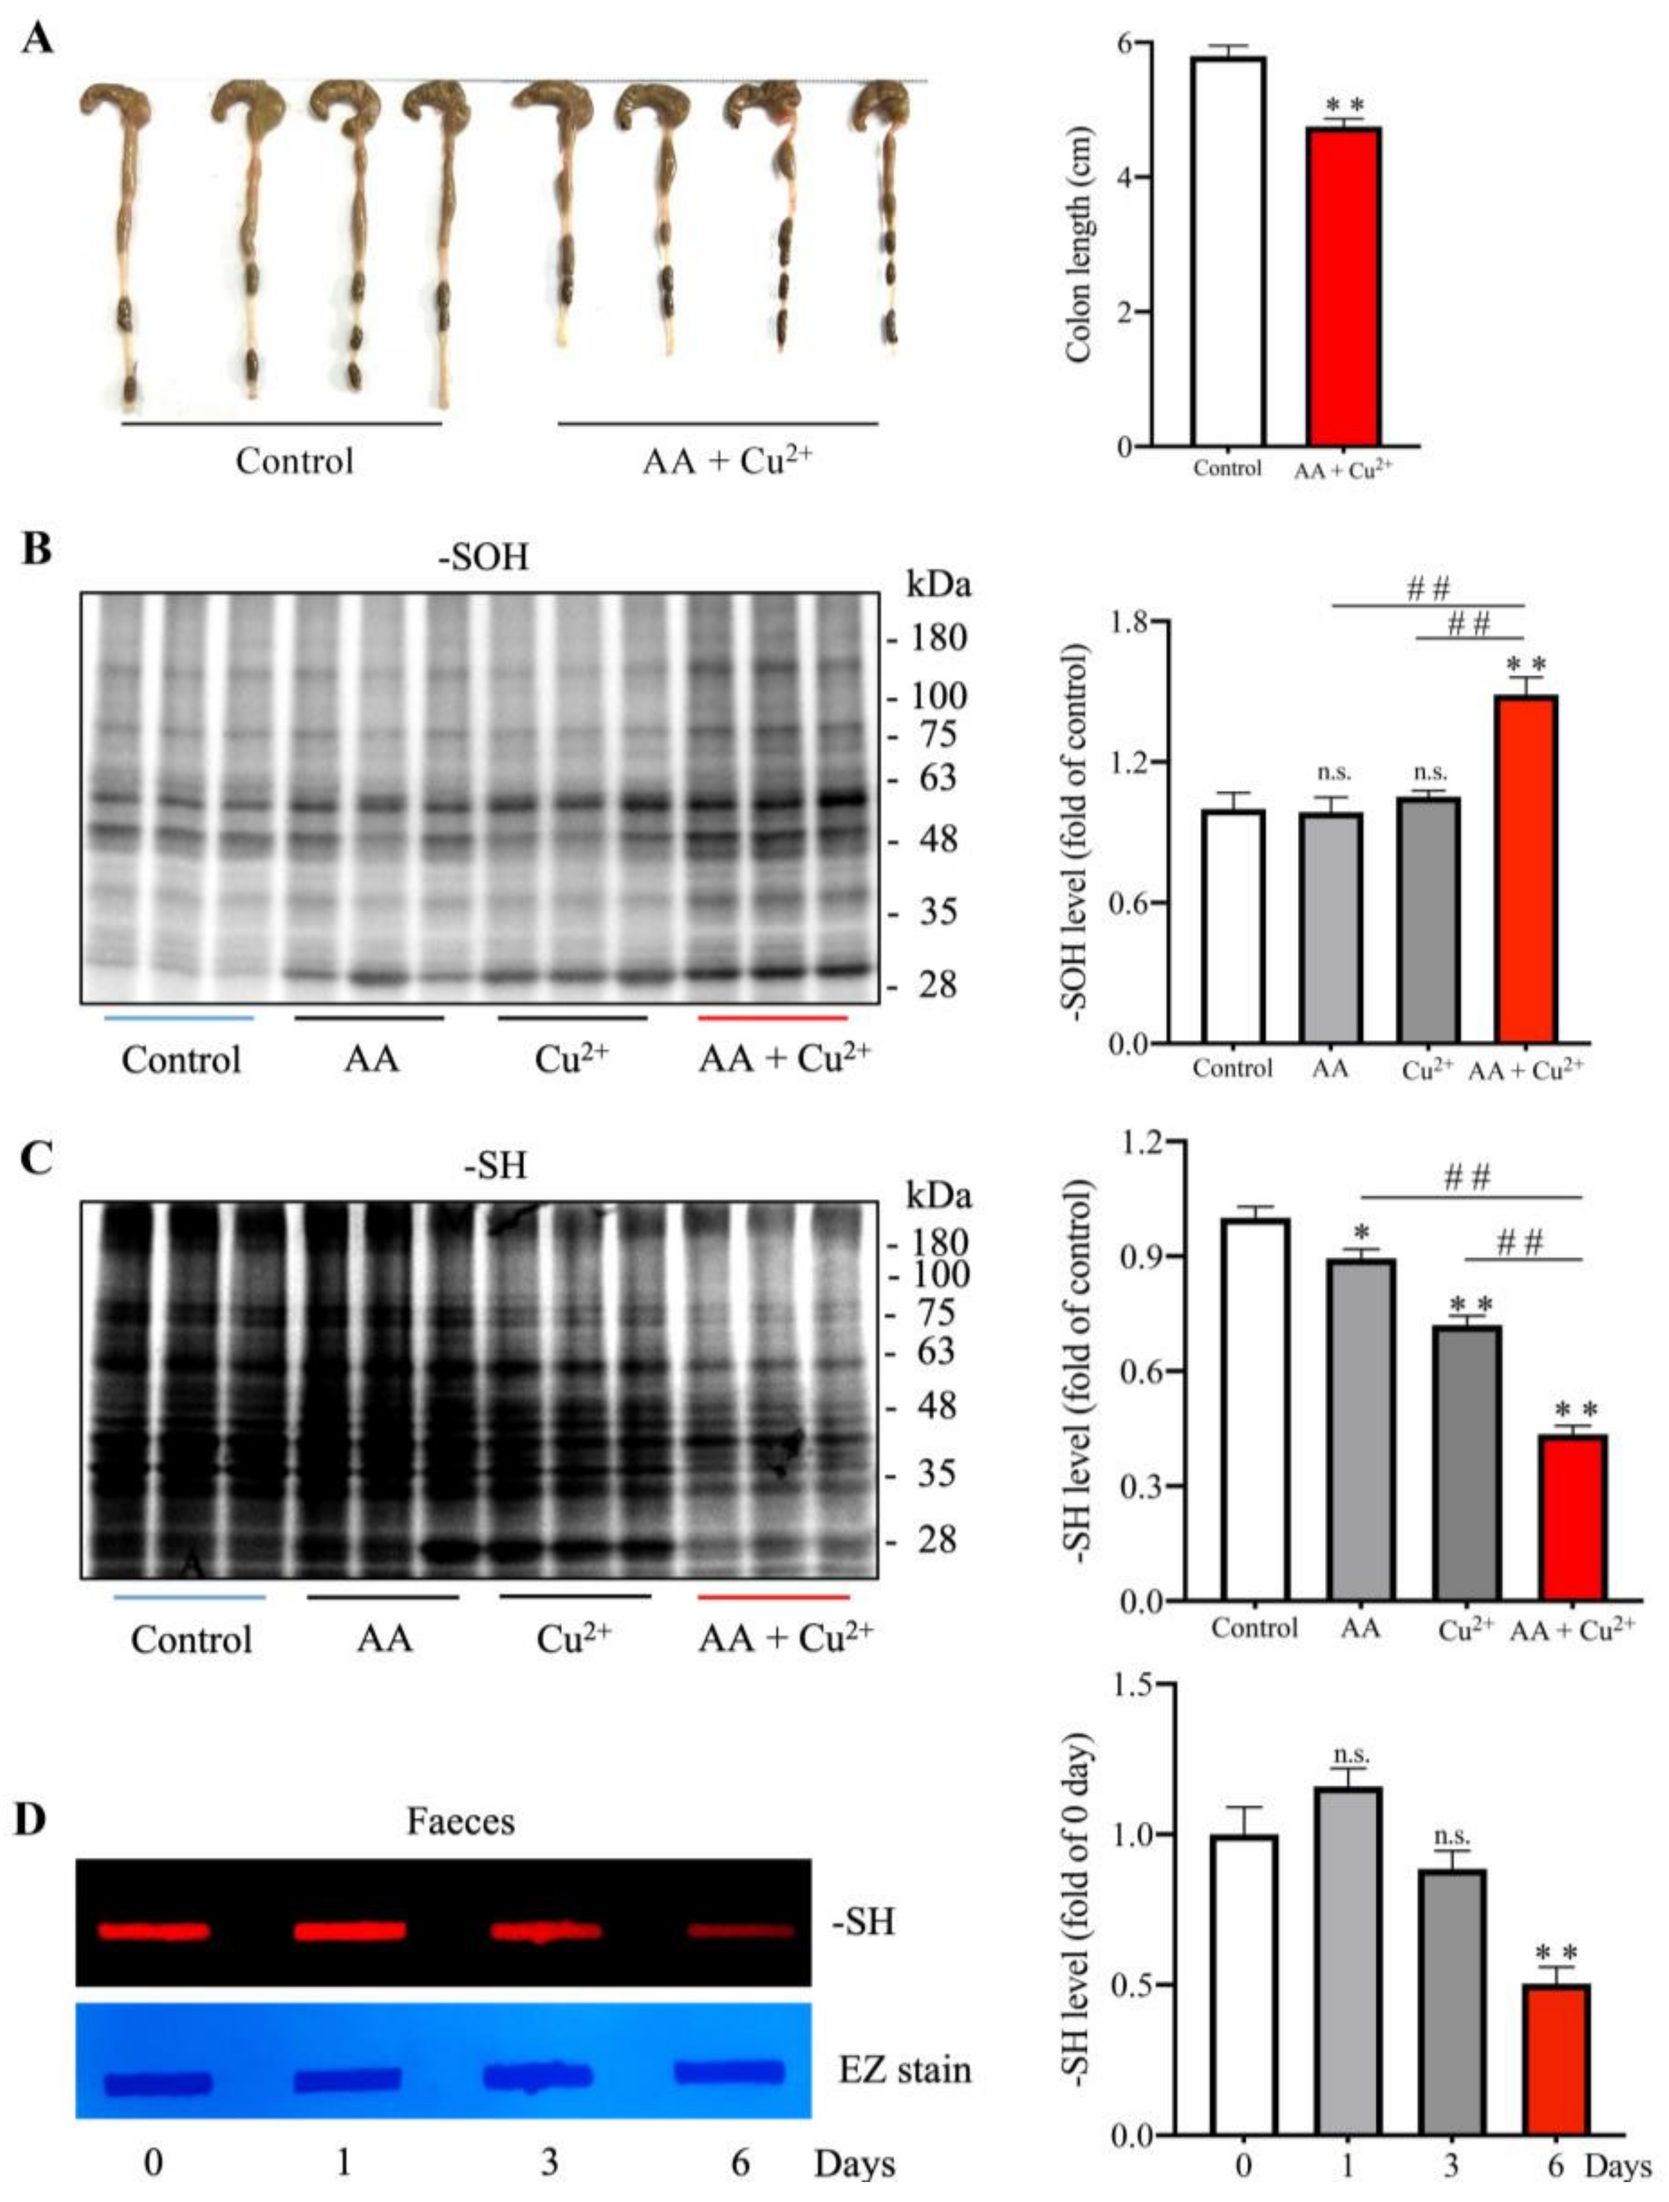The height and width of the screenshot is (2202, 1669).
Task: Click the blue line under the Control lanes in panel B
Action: tap(179, 1017)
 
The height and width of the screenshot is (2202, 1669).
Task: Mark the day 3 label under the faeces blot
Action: tap(548, 2162)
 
